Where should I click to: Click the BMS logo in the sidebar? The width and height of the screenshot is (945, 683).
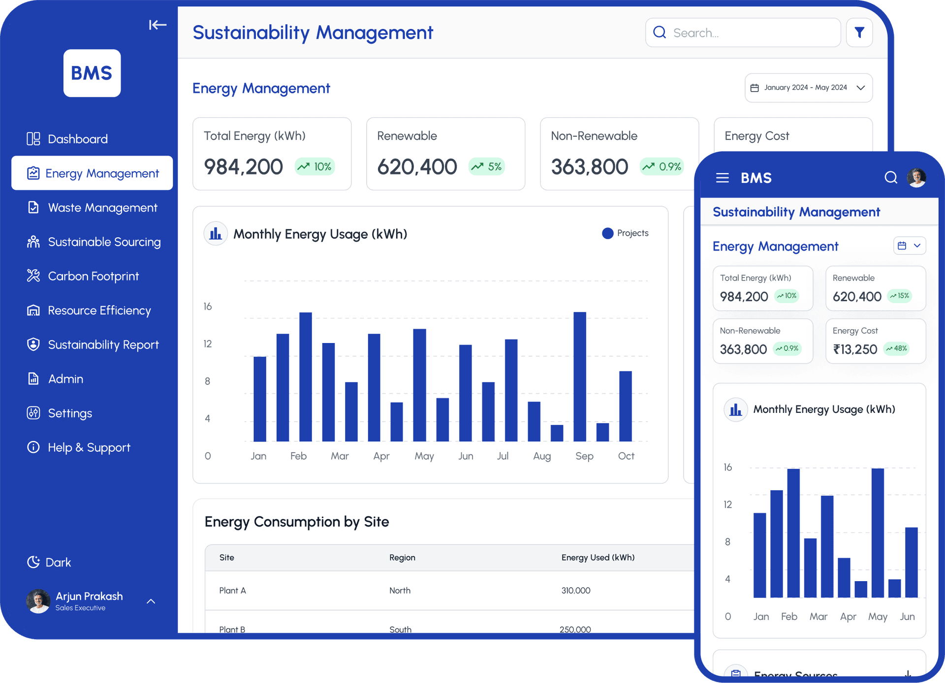(x=92, y=73)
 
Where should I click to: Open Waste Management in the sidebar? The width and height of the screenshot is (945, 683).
(x=102, y=208)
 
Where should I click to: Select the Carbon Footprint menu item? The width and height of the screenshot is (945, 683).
(x=93, y=276)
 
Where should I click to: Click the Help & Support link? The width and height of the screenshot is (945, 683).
(x=89, y=447)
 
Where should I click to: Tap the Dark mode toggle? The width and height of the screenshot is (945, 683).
(x=49, y=562)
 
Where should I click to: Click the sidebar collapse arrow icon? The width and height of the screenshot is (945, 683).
(x=157, y=25)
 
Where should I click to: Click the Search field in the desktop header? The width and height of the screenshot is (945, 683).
(x=743, y=33)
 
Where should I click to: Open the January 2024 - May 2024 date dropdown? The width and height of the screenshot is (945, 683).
(x=808, y=88)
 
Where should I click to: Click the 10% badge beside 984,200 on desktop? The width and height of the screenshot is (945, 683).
(x=315, y=167)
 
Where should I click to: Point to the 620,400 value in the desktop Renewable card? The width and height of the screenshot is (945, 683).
(x=417, y=167)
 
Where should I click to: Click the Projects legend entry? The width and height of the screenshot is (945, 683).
(x=626, y=233)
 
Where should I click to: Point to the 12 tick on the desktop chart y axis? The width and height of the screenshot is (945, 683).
(x=208, y=343)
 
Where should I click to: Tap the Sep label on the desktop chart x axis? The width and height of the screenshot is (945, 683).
(x=584, y=456)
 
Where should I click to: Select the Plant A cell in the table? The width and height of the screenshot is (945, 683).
(x=232, y=590)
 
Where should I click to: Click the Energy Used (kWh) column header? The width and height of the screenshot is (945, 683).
(x=598, y=558)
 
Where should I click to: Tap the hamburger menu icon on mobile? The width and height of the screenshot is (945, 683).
(x=722, y=178)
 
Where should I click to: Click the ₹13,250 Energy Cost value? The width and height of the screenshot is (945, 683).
(x=855, y=349)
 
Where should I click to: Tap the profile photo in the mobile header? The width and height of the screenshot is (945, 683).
(x=916, y=177)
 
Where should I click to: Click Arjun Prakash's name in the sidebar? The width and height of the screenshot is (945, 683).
(x=89, y=596)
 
